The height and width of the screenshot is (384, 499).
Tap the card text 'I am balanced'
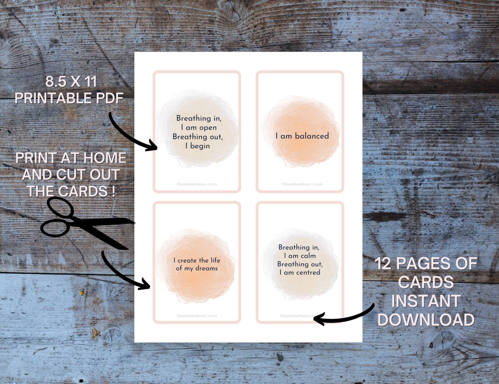coord(302,136)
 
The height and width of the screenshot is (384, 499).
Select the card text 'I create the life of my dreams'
coord(197,264)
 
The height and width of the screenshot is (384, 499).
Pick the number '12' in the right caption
coord(386,264)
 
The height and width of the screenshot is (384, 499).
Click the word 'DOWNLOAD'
coord(425,320)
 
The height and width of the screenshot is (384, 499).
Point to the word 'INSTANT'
coord(425,301)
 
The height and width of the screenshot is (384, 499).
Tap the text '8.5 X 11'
coord(71,81)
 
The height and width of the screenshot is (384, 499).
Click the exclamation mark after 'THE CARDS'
coord(113,191)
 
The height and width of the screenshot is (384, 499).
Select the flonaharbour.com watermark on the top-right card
coord(302,184)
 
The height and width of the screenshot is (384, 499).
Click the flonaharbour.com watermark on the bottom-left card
coord(197,316)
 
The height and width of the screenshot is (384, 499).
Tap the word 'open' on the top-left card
coord(207,127)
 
